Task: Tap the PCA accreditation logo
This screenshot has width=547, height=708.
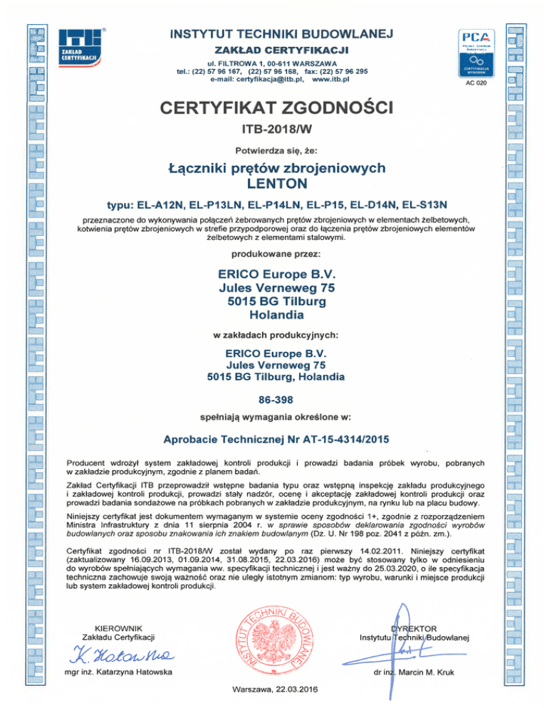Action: pos(474,51)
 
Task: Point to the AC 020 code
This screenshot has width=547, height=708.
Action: pos(474,84)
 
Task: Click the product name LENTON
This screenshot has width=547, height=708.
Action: pos(273,183)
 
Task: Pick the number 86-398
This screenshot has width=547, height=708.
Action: pos(273,400)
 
